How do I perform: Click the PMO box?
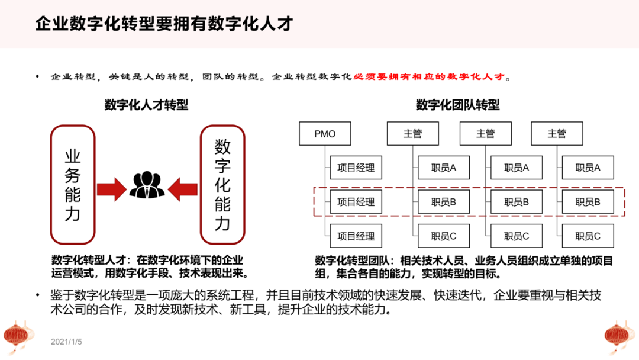coord(325,134)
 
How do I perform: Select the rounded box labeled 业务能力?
coord(73,185)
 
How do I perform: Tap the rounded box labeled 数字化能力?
coord(222,185)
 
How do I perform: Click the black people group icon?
coord(147,185)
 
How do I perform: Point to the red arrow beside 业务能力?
coord(111,189)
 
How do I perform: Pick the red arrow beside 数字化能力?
coord(183,189)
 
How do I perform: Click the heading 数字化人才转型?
coord(147,105)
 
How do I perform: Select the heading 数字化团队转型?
coord(457,105)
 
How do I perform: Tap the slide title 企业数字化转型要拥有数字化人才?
coord(164,24)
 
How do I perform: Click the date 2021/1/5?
coord(66,342)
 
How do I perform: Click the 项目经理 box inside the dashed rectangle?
coord(356,202)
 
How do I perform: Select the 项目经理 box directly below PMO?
coord(356,168)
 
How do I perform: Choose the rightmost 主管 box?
coord(557,134)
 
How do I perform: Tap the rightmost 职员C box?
coord(588,236)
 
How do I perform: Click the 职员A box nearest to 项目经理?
coord(444,168)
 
